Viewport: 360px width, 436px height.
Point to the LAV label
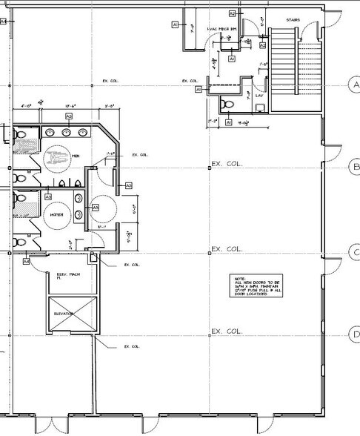click(259, 96)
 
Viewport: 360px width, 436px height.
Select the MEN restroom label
click(76, 156)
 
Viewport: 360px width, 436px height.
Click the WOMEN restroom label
click(59, 214)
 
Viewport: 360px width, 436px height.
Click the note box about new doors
click(254, 285)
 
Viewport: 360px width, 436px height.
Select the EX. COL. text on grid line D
click(227, 331)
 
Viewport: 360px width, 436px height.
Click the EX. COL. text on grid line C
click(227, 249)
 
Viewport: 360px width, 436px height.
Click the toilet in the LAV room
click(230, 103)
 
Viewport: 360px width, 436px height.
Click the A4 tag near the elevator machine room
click(26, 261)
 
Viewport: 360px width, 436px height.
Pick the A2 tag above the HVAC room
click(232, 13)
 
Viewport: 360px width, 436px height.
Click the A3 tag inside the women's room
click(48, 197)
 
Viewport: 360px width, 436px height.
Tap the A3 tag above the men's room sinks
click(68, 116)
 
